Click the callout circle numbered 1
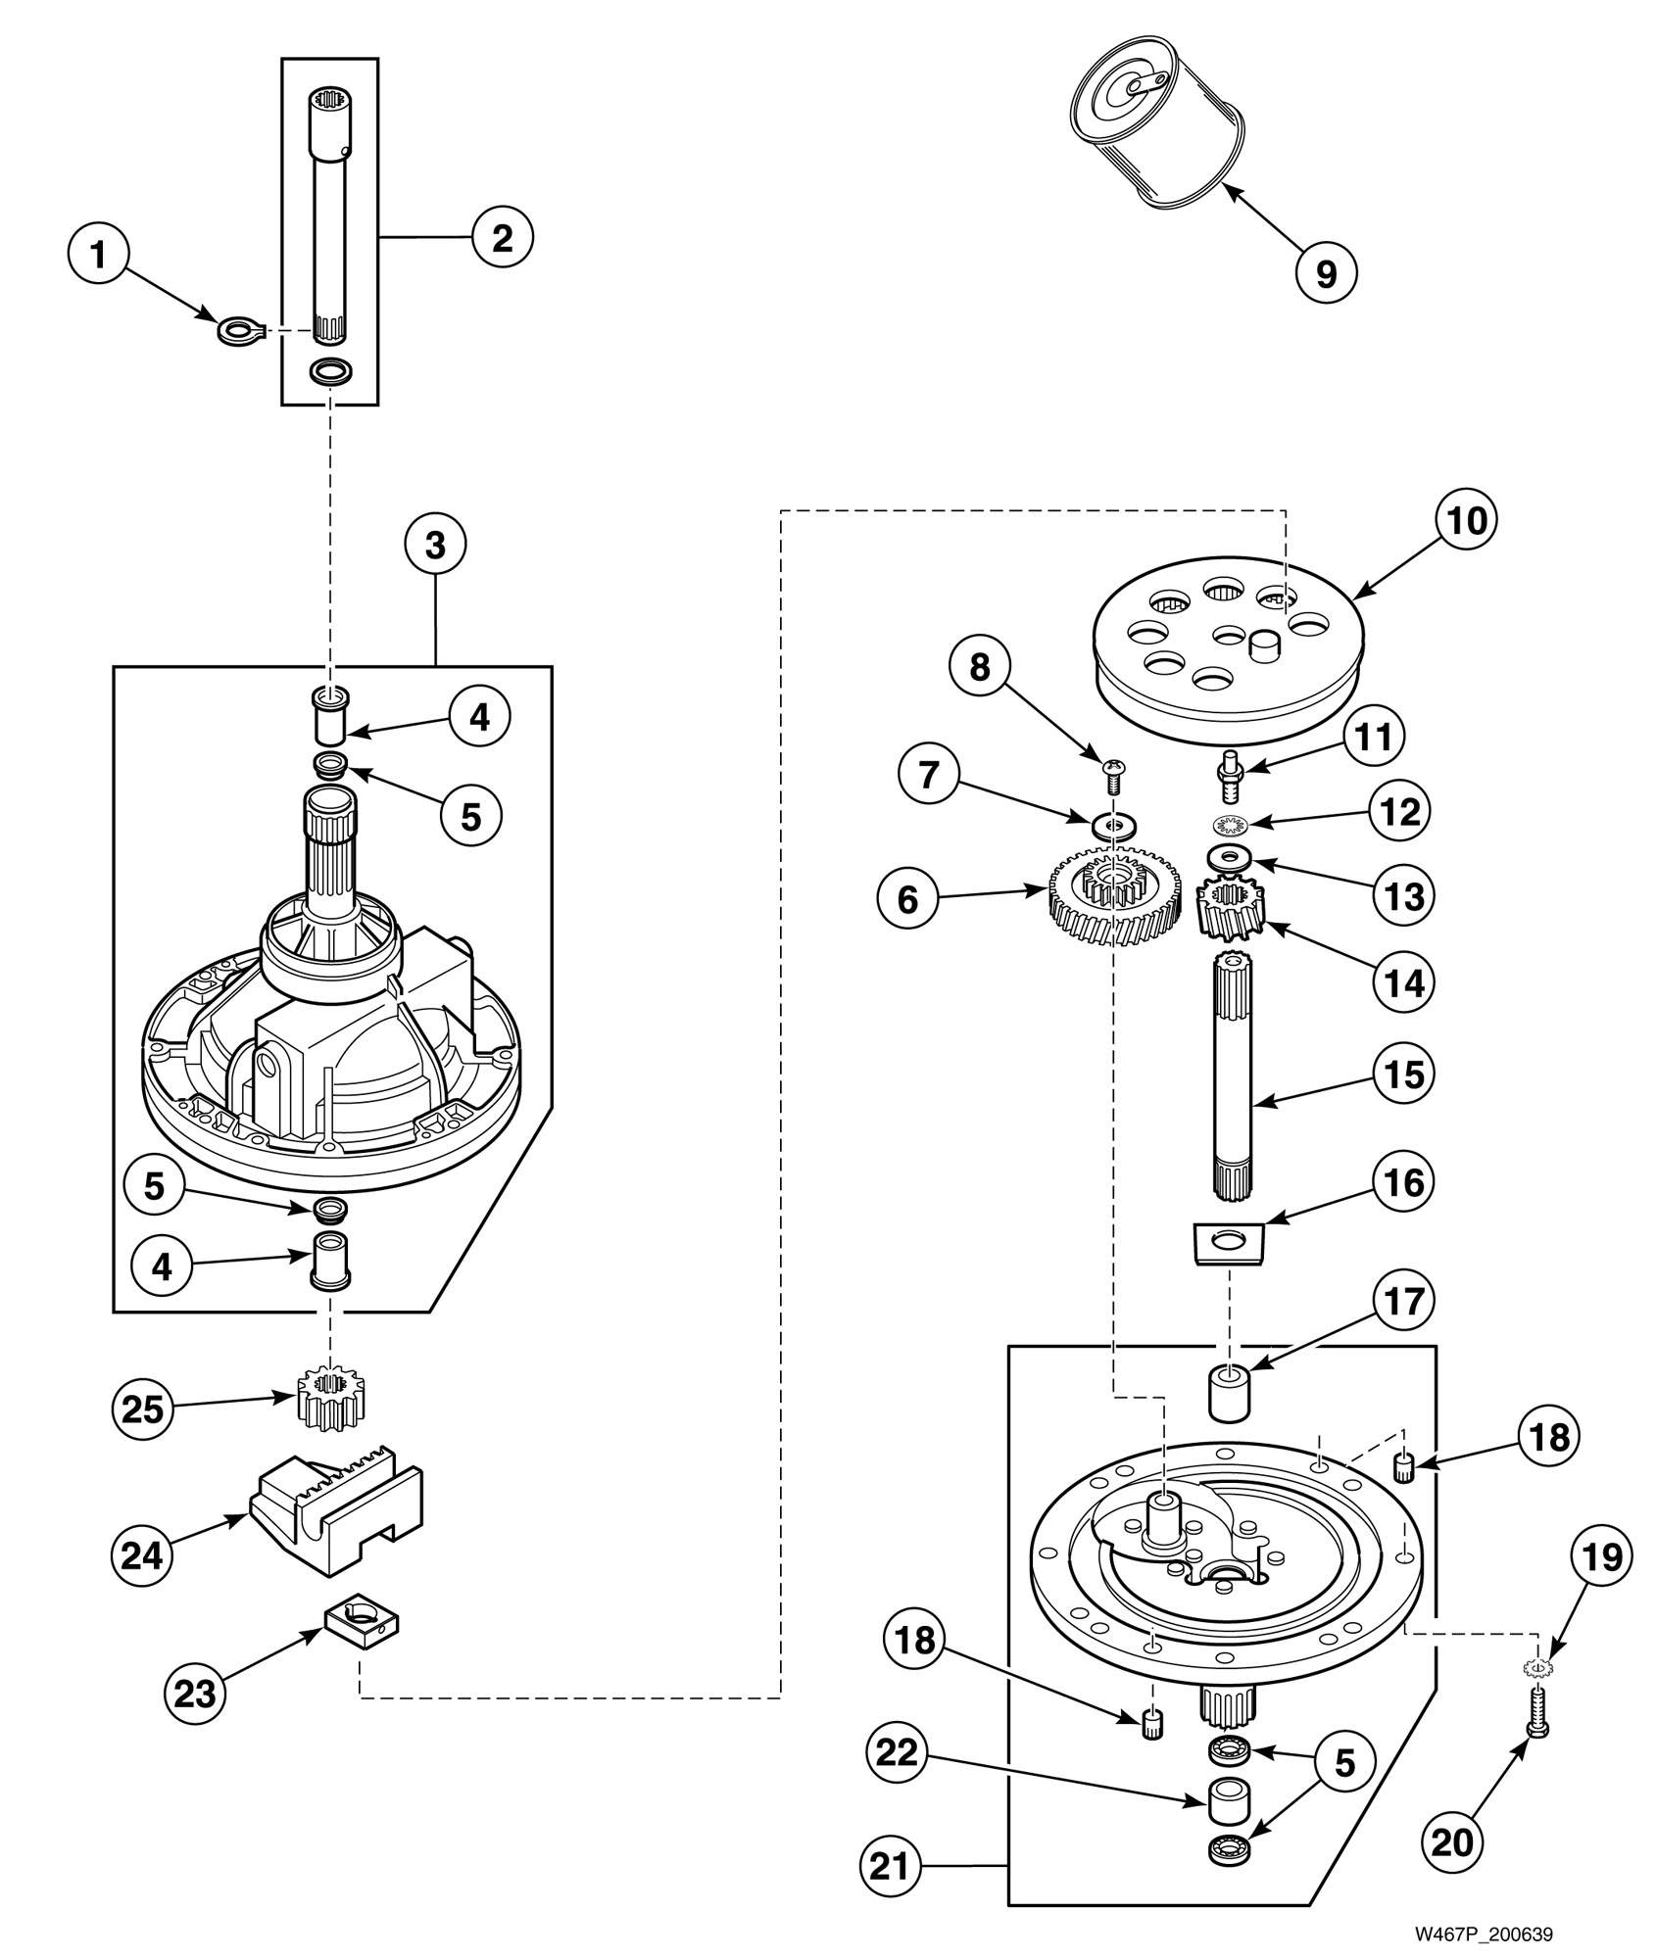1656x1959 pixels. tap(98, 255)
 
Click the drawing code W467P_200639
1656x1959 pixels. tap(1483, 1934)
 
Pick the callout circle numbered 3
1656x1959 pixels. tap(435, 546)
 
